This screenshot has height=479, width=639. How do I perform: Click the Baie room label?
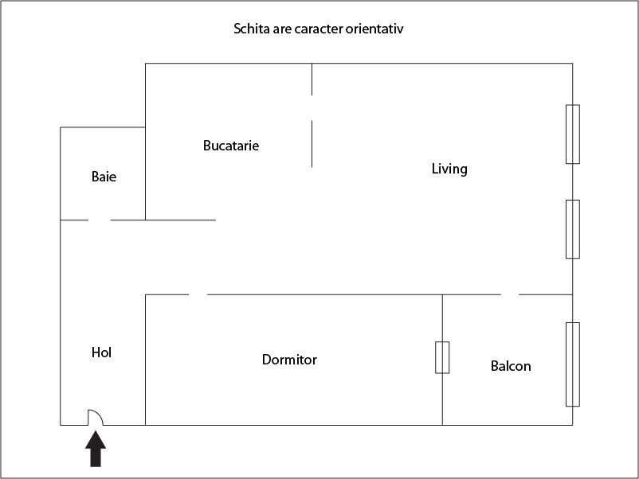tap(104, 177)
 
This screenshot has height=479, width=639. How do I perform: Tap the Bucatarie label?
tap(231, 146)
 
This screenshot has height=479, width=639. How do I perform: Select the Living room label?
tap(449, 169)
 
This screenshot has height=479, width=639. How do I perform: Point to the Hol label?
tap(101, 352)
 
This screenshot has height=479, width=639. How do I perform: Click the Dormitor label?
tap(289, 360)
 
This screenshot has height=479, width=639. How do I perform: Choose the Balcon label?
tap(511, 366)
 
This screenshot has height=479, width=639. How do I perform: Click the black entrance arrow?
tap(96, 449)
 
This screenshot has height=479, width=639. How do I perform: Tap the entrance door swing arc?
tap(96, 417)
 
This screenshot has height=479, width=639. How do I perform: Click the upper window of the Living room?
tap(573, 134)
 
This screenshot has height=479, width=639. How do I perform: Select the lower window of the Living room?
tap(573, 229)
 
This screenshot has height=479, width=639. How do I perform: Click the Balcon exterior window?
tap(573, 364)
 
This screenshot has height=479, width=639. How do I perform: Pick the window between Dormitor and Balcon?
tap(442, 357)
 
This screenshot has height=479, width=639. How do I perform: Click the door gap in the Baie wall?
tap(99, 220)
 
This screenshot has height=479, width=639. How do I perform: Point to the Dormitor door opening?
tap(198, 294)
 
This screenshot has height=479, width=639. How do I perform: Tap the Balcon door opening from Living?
tap(510, 294)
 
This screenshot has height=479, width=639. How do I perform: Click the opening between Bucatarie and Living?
tap(312, 108)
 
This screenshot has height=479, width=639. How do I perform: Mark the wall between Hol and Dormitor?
tap(146, 360)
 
